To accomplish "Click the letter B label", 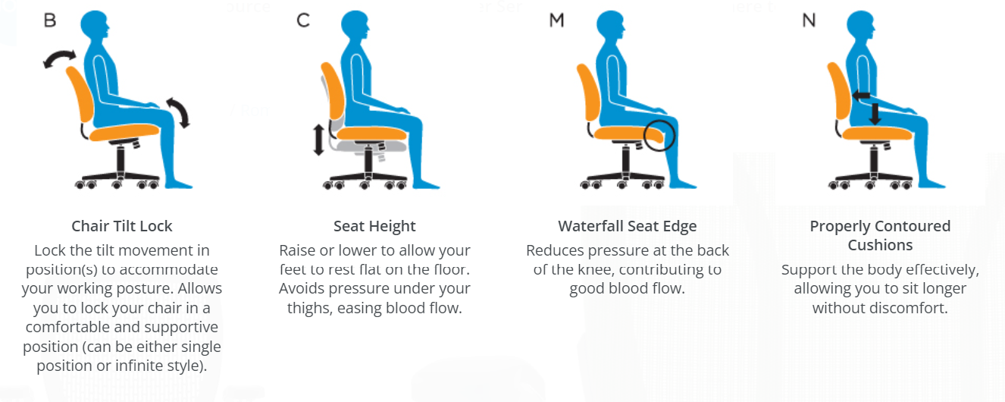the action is click(50, 20).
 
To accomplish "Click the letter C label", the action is click(303, 20).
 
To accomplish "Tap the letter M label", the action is click(556, 20).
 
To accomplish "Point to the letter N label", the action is click(809, 20).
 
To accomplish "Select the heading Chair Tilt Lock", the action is click(122, 226).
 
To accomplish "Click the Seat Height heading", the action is click(374, 226).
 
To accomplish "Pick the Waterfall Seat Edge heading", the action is click(628, 226).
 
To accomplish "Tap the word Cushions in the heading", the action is click(880, 245).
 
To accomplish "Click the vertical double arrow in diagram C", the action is click(318, 140).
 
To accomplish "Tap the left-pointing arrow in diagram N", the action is click(860, 96).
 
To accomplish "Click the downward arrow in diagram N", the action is click(875, 114).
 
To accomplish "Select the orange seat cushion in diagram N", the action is click(877, 133).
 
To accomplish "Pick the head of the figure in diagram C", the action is click(355, 25).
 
